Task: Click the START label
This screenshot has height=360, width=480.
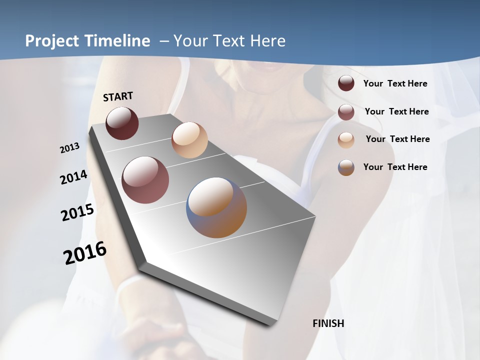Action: [x=118, y=96]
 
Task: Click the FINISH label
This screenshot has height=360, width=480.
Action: [x=328, y=323]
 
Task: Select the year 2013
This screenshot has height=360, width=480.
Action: [x=69, y=148]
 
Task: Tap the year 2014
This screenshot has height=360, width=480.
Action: [x=73, y=177]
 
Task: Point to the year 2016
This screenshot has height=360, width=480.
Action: [x=85, y=253]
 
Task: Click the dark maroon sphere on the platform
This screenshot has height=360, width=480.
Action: [x=122, y=123]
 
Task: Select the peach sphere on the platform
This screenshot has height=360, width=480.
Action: [x=189, y=140]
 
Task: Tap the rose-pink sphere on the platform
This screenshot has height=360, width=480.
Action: [x=145, y=180]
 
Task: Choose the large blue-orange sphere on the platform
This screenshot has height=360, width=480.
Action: [x=216, y=207]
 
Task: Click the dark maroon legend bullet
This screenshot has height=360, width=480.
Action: [x=346, y=83]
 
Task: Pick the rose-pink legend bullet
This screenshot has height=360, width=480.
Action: [x=346, y=112]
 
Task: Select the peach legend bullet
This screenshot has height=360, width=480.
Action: [x=346, y=139]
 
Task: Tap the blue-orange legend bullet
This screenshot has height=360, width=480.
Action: [x=346, y=167]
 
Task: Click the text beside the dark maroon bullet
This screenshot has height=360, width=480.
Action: [x=395, y=83]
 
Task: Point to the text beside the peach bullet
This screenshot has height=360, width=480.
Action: [x=397, y=139]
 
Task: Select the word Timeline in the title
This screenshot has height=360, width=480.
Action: [x=118, y=41]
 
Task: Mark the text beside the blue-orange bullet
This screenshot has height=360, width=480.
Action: [x=395, y=167]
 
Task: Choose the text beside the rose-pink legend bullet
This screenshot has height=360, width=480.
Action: [x=396, y=111]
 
